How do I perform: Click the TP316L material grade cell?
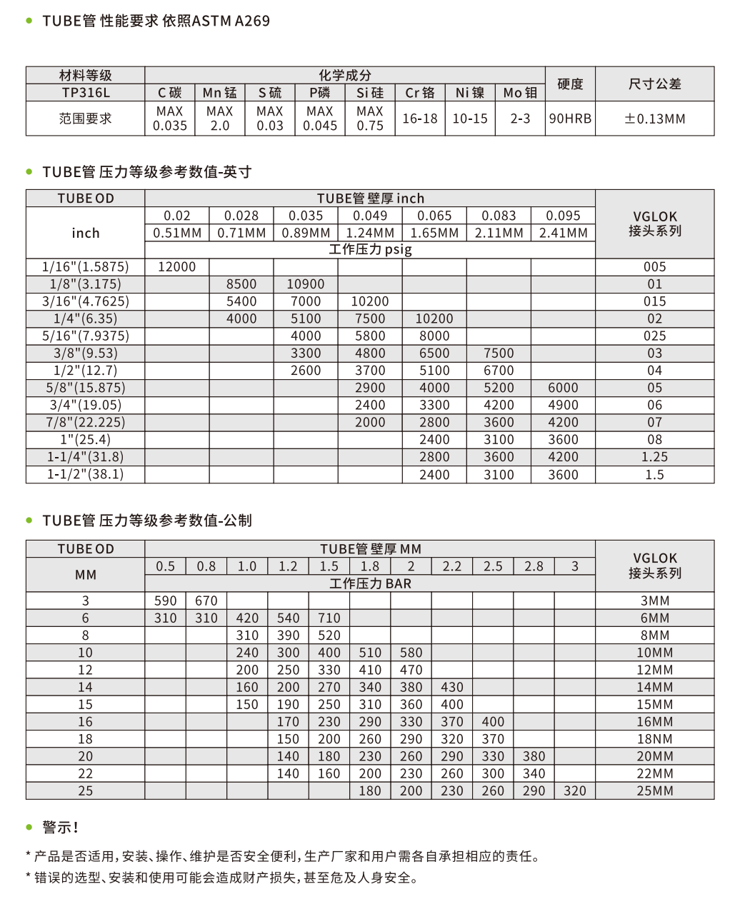click(85, 93)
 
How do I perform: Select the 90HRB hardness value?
click(570, 119)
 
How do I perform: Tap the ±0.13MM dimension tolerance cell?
click(654, 119)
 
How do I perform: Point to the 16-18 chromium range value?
click(420, 119)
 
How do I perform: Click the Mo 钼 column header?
click(520, 93)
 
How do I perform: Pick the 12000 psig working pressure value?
click(176, 266)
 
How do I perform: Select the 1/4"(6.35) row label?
click(85, 318)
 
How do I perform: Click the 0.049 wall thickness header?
click(370, 216)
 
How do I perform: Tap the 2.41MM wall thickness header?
click(563, 233)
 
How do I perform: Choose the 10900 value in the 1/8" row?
click(306, 284)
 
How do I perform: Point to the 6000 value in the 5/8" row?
click(563, 388)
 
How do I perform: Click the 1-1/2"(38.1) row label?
click(85, 474)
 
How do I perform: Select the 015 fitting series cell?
click(654, 301)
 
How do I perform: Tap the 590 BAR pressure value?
click(165, 601)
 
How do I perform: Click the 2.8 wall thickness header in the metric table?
click(534, 566)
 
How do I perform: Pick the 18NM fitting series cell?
click(654, 739)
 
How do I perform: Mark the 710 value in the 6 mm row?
click(329, 618)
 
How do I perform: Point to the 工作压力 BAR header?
click(370, 583)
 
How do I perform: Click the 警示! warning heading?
click(60, 827)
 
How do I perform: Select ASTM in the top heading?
click(212, 21)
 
